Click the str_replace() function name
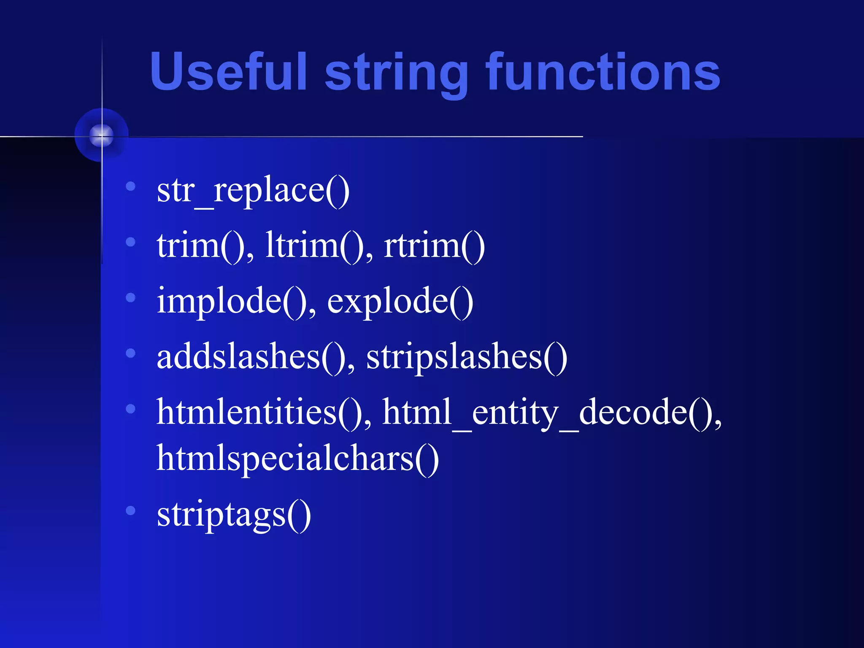click(x=253, y=191)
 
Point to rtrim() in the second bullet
click(x=434, y=246)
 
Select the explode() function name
click(x=400, y=301)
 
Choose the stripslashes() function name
click(x=467, y=357)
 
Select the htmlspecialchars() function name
click(x=297, y=459)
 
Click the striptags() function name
click(x=234, y=515)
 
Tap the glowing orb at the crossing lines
click(x=102, y=135)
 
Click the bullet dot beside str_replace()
click(x=131, y=186)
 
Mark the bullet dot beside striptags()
click(x=131, y=510)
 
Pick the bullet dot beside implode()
click(x=131, y=297)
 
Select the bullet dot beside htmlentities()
click(x=131, y=408)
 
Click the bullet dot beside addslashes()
click(x=131, y=353)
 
